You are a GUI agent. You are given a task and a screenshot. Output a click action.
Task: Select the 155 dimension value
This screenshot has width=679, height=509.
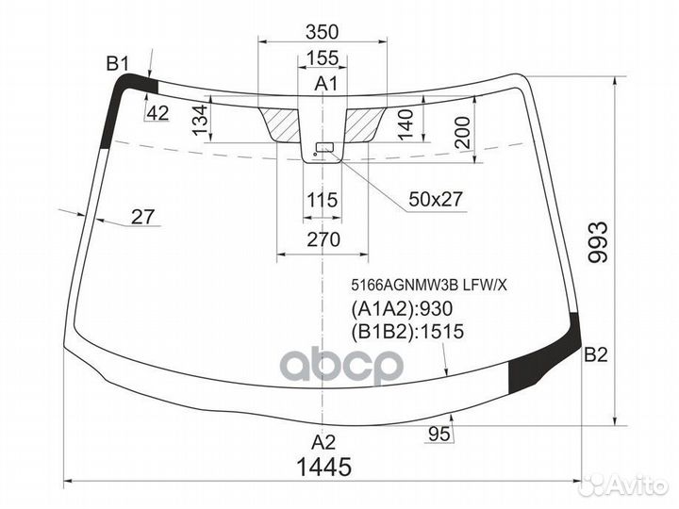pyautogui.click(x=323, y=58)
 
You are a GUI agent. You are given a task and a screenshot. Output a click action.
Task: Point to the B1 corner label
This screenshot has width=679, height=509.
pyautogui.click(x=117, y=64)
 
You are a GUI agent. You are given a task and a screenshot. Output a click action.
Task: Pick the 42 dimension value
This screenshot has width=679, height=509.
pyautogui.click(x=157, y=114)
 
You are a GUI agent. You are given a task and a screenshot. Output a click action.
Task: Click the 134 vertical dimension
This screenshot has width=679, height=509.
pyautogui.click(x=199, y=121)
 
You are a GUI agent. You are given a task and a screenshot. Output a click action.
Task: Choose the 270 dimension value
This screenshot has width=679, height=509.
pyautogui.click(x=323, y=240)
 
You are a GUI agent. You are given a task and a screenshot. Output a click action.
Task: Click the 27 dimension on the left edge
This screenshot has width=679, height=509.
pyautogui.click(x=142, y=218)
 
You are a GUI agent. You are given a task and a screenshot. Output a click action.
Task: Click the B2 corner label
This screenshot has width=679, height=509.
pyautogui.click(x=596, y=355)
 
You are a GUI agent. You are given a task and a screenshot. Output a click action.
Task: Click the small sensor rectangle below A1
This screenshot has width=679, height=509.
pyautogui.click(x=324, y=147)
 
